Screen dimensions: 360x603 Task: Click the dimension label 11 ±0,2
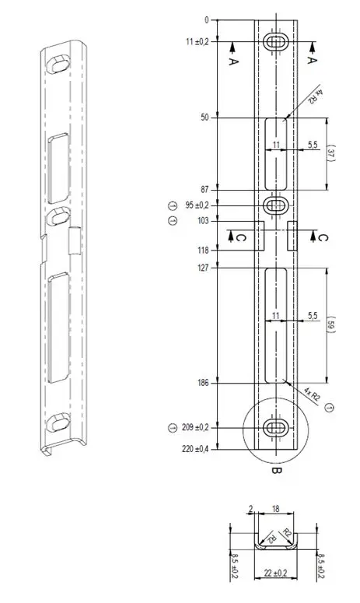tap(197, 42)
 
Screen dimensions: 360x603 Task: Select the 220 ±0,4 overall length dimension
tap(195, 449)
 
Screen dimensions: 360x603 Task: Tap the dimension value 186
tap(202, 383)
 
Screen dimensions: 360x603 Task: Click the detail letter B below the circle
tap(276, 470)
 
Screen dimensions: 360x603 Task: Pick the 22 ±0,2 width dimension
tap(275, 573)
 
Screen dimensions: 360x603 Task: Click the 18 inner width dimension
tap(276, 509)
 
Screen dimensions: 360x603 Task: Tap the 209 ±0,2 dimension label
tap(195, 427)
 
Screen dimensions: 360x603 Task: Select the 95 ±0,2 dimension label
tap(197, 205)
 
